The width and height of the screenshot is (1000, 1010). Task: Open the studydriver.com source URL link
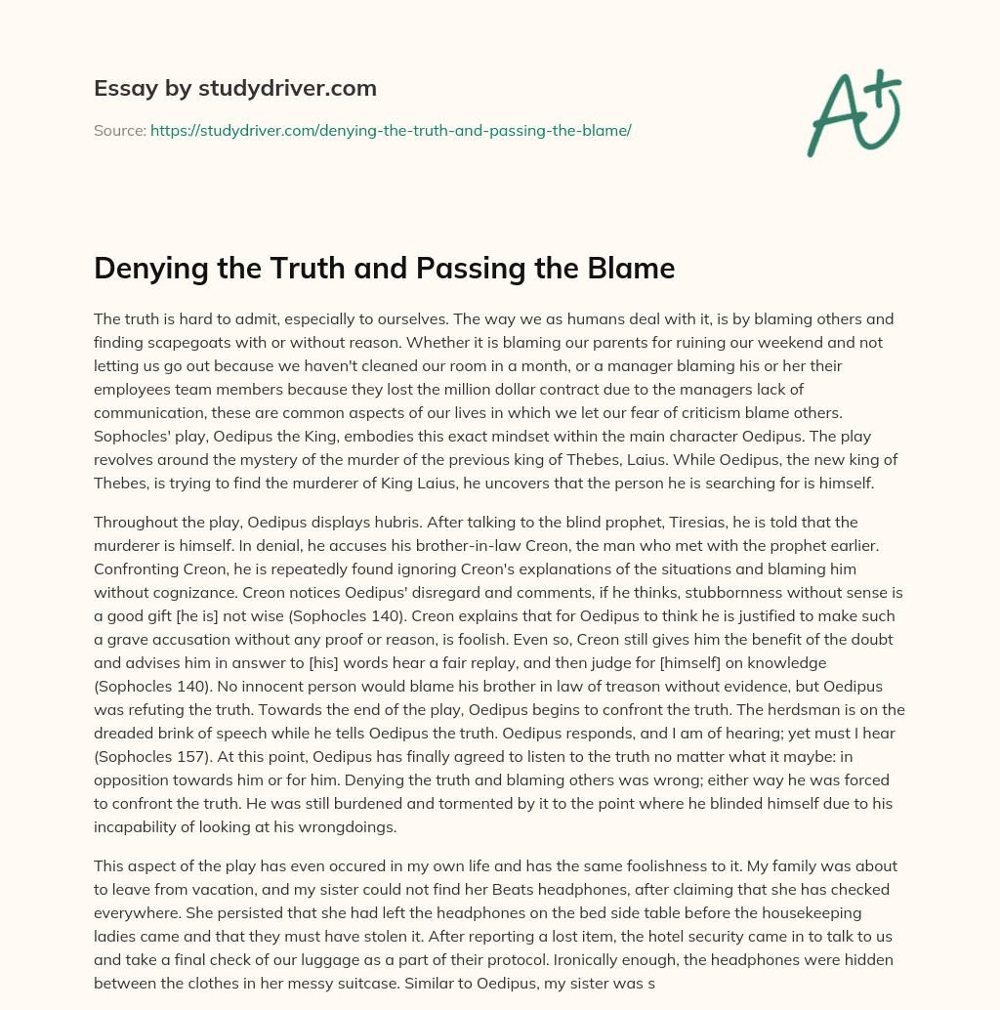pos(391,130)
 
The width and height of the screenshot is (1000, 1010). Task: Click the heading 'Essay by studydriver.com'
pos(235,88)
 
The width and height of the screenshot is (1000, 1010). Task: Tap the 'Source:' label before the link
pos(119,130)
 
